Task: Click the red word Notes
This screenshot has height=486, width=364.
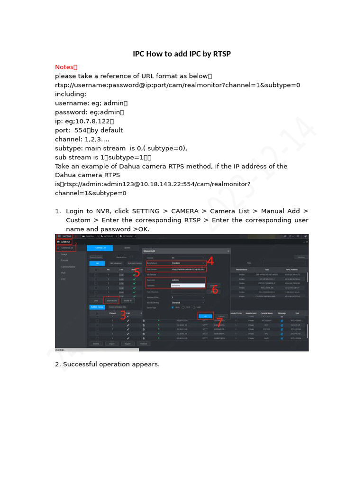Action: [64, 67]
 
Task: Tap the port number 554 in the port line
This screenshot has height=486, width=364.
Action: [81, 130]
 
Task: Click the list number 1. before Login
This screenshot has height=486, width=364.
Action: [58, 211]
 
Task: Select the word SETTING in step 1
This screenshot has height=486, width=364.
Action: [146, 211]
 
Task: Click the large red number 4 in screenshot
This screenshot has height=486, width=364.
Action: [210, 262]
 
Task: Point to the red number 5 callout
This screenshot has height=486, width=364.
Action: [136, 272]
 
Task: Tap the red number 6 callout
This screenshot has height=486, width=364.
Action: [215, 289]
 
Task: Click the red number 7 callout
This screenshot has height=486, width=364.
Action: [219, 322]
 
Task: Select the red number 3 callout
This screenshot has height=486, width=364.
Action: [123, 315]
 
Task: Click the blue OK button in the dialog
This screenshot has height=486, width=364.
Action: [205, 316]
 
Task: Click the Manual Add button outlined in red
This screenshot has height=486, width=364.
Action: [112, 300]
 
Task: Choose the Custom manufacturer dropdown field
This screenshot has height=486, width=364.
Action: [188, 262]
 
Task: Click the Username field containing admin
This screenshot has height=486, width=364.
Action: [188, 280]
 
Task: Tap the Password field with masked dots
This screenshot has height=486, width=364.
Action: [188, 286]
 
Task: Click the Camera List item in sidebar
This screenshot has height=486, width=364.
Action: [67, 248]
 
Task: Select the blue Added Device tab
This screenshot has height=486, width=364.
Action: [97, 307]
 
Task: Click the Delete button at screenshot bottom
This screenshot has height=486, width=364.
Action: [96, 344]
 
